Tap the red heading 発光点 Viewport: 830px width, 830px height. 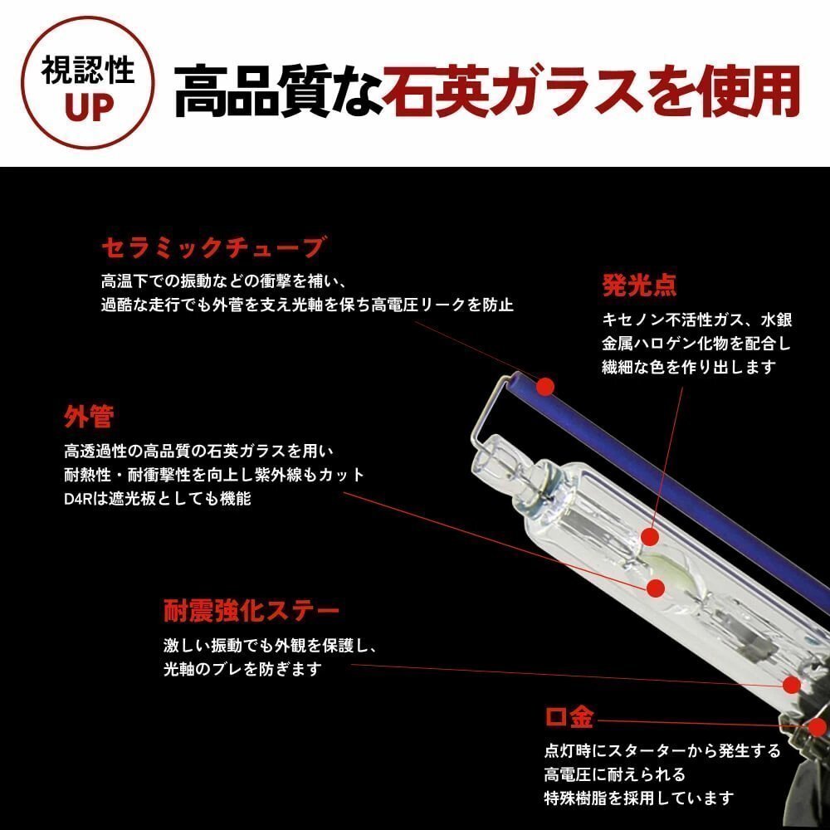[639, 286]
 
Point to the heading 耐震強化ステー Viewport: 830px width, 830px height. [251, 612]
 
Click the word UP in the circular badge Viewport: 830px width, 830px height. [88, 109]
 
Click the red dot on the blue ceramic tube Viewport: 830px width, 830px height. [544, 386]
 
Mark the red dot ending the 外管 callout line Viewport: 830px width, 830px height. [657, 588]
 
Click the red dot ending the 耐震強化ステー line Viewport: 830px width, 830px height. [793, 684]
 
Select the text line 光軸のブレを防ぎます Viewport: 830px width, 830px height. [242, 669]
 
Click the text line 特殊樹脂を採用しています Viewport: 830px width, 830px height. [639, 798]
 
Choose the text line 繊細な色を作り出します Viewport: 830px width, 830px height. [688, 366]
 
